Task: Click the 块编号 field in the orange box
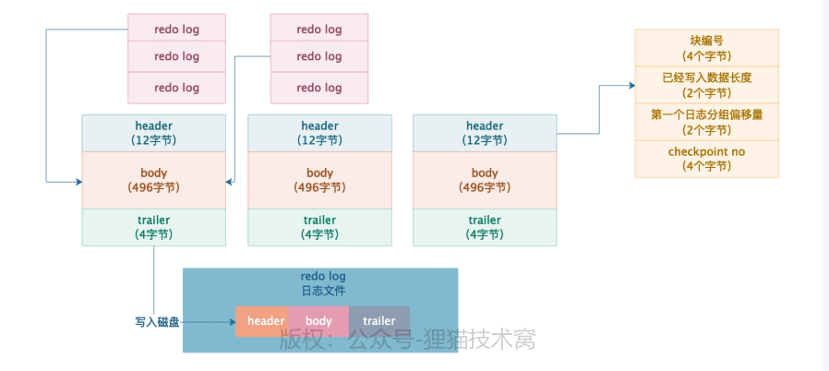pos(706,48)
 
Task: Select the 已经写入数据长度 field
pos(706,85)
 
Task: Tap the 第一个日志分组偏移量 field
pos(706,122)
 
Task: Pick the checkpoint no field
pos(706,159)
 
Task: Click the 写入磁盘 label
pos(160,322)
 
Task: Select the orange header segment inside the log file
pos(265,321)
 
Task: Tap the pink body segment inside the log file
pos(319,321)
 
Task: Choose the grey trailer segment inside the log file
pos(379,321)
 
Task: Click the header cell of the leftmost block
pos(153,133)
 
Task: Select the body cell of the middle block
pos(319,180)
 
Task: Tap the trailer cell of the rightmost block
pos(485,227)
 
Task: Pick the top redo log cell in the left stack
pos(176,29)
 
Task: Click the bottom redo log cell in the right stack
pos(319,88)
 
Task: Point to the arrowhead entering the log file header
pos(231,322)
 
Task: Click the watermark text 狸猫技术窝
pos(479,340)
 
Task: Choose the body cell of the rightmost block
pos(485,180)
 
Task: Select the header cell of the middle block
pos(319,133)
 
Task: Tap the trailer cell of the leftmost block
pos(153,227)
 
